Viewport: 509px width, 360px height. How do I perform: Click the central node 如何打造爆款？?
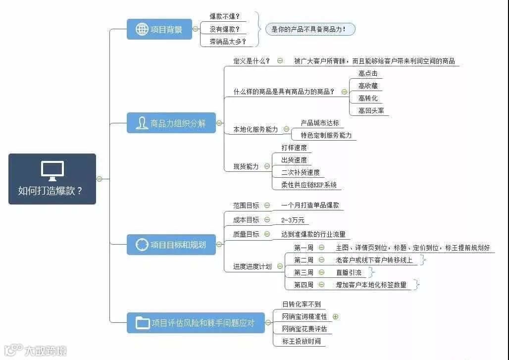52,179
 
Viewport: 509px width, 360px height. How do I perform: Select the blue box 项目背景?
159,29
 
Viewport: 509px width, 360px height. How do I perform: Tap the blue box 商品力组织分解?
171,123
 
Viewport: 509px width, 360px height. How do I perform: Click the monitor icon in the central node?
52,170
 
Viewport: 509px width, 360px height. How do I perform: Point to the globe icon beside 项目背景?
142,29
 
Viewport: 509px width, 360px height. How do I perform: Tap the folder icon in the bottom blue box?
143,323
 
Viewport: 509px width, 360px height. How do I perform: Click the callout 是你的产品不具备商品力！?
310,29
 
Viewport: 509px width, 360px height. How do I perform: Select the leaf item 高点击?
368,73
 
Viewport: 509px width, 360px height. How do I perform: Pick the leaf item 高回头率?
371,110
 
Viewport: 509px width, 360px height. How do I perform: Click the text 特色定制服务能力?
326,135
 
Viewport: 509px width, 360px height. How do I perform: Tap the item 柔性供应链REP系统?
308,185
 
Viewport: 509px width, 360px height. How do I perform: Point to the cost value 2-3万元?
293,220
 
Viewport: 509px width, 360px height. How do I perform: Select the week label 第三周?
304,272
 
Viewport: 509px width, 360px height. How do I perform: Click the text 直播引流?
349,272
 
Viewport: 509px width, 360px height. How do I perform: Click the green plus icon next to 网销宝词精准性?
336,316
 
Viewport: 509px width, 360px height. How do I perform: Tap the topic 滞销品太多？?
227,42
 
